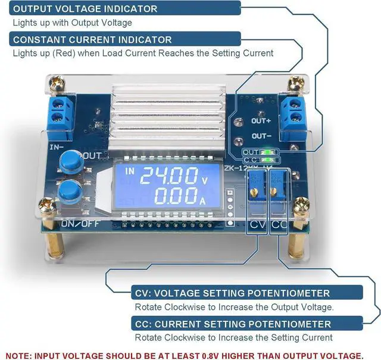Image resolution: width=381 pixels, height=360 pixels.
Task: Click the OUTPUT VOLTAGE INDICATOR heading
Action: tap(85, 9)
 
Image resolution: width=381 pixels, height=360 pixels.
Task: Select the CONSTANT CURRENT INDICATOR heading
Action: tap(92, 39)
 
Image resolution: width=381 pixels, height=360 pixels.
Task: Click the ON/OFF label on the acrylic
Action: tap(76, 224)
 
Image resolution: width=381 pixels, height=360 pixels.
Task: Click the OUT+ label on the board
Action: tap(261, 120)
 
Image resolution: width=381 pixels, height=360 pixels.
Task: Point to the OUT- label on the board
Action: tap(261, 136)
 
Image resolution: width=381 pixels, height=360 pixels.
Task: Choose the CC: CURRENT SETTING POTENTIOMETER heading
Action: tap(231, 324)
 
